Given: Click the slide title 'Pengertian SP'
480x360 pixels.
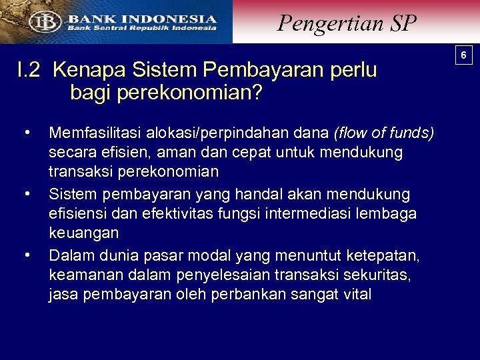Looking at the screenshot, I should [347, 23].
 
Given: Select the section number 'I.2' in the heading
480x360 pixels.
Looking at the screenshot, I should [31, 69].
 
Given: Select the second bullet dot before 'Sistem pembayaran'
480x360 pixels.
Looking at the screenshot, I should [27, 193].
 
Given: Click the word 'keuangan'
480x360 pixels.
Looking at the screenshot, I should [84, 234].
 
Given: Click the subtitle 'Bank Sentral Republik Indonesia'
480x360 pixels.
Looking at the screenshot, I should [140, 28].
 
